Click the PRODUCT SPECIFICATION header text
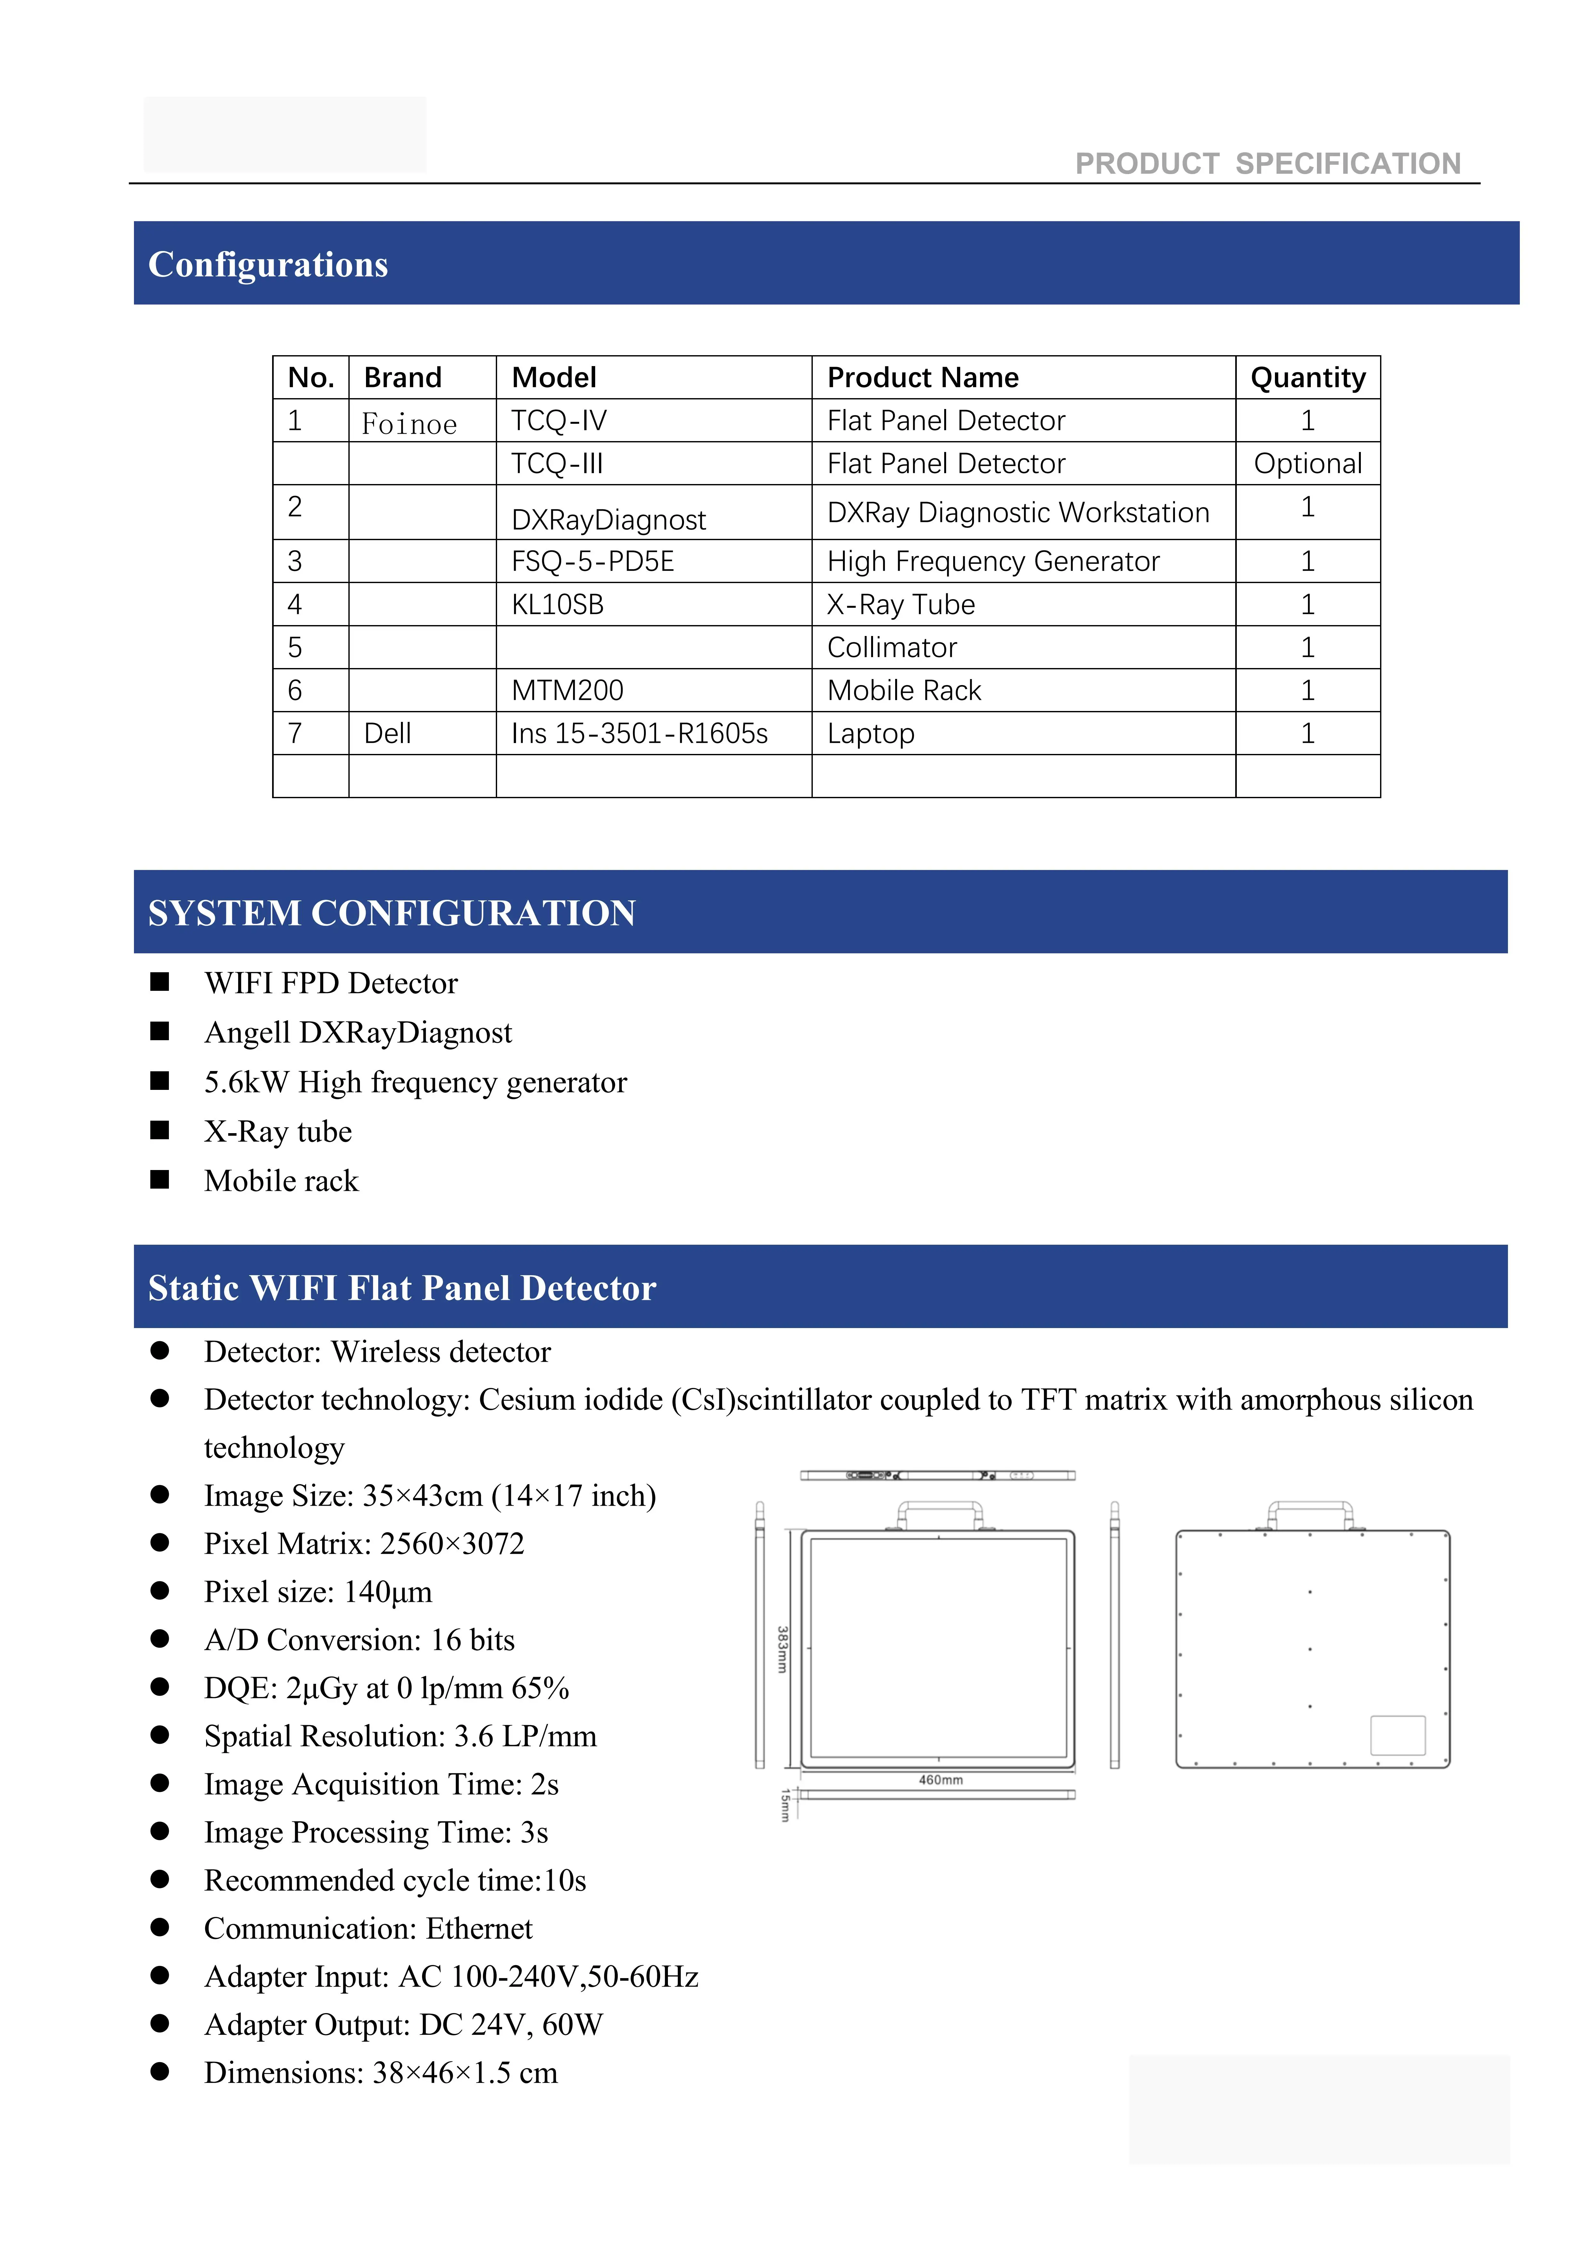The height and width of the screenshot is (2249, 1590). [1268, 163]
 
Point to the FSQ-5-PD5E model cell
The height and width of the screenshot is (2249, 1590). [593, 561]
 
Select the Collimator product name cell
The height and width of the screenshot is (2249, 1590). [892, 648]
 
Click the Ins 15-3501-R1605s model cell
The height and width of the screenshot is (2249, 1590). [639, 734]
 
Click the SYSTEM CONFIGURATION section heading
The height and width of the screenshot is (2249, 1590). [392, 913]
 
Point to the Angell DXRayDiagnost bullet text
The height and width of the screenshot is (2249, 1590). [358, 1033]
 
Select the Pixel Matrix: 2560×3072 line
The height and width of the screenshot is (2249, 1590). [363, 1544]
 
